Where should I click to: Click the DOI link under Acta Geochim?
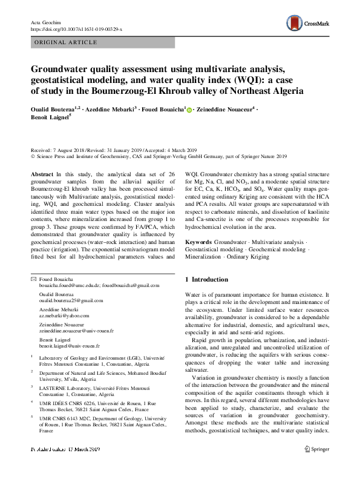[x=76, y=28]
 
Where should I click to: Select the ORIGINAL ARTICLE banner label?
[x=67, y=42]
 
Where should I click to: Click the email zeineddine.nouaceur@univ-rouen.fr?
[x=76, y=331]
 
